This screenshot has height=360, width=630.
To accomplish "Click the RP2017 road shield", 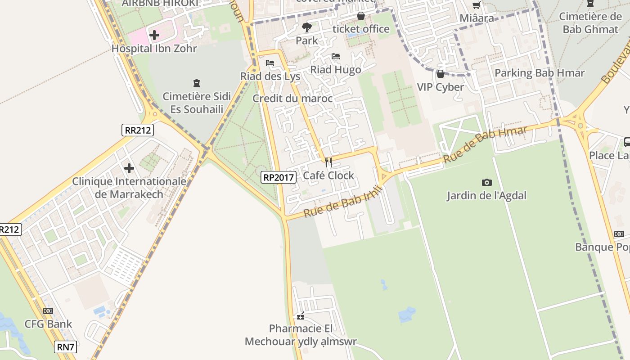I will tap(279, 177).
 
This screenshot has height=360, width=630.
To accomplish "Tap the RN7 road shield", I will tap(66, 347).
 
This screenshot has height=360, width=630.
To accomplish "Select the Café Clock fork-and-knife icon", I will tap(328, 162).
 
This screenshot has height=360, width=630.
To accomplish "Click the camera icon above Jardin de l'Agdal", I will tap(486, 182).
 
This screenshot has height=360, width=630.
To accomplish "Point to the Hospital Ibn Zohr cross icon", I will tap(154, 35).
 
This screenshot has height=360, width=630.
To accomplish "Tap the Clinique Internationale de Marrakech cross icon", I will tap(129, 168).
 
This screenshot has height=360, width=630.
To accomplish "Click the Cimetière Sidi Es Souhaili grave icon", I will tap(197, 83).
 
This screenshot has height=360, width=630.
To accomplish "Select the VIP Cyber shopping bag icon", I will tap(441, 74).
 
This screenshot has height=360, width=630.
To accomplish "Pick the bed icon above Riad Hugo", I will tap(336, 57).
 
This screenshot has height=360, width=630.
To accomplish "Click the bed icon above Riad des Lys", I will tap(270, 63).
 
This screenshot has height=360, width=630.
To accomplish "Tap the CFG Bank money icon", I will tap(48, 311).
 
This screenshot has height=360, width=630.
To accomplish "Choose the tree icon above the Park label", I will tap(307, 27).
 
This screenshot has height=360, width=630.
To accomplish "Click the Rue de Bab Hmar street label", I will tap(485, 145).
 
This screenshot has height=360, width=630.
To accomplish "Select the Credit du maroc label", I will tap(292, 99).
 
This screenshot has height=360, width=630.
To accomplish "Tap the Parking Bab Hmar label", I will tap(539, 73).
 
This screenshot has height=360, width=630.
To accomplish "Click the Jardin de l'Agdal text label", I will tap(486, 196).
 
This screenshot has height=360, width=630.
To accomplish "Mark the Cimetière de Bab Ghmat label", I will tap(590, 23).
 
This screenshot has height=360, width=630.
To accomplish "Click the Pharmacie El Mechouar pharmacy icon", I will tap(301, 316).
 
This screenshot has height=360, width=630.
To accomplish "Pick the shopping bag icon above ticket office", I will tap(360, 16).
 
